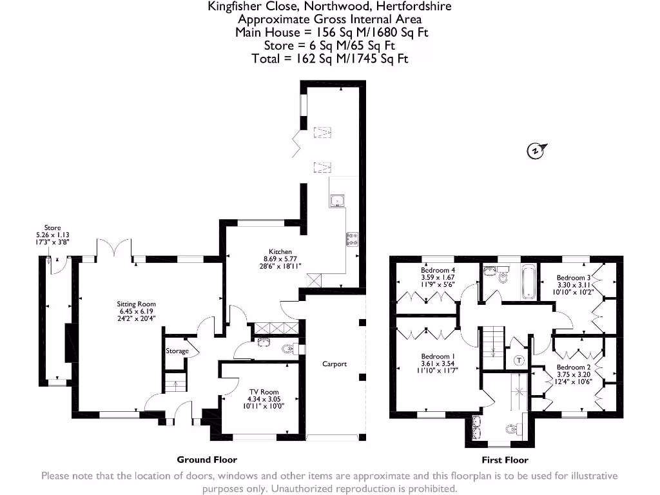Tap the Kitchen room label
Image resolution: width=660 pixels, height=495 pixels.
[280, 252]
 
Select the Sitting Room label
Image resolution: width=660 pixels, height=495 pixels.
[136, 304]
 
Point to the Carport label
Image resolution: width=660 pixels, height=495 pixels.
[335, 364]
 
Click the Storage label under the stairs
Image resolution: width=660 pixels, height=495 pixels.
[177, 351]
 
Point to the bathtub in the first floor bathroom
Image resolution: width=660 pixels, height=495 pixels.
[529, 282]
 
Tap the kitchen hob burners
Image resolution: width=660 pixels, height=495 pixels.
[353, 239]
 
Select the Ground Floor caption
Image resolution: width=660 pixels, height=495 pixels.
[207, 460]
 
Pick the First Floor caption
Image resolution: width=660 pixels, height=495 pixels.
[505, 460]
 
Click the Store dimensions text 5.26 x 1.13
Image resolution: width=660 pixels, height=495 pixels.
[52, 235]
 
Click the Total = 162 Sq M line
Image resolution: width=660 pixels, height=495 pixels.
[330, 59]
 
